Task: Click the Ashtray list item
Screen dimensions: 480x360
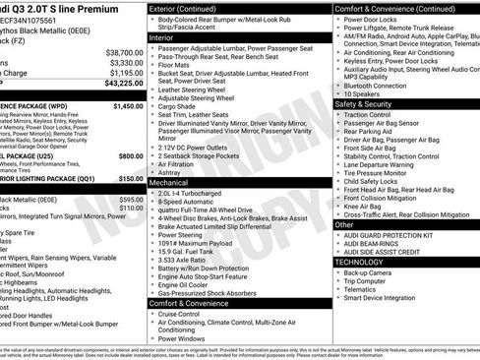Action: (171, 171)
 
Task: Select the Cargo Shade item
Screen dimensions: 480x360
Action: (179, 108)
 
